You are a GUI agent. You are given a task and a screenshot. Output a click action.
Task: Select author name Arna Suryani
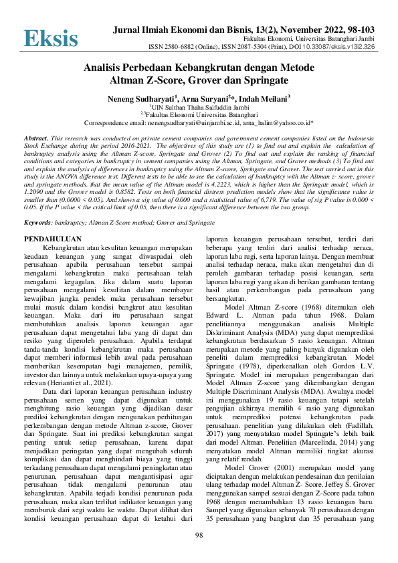click(205, 99)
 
